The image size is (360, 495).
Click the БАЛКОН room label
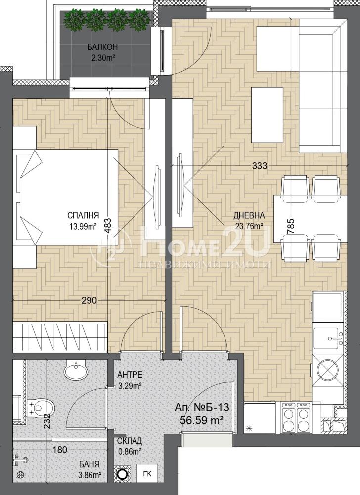(102, 48)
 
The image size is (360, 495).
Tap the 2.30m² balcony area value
(102, 58)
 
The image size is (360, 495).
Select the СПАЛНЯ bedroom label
(83, 215)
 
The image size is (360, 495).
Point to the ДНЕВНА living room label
(249, 216)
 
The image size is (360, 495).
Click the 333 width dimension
(260, 165)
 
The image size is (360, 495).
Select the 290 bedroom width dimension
(89, 300)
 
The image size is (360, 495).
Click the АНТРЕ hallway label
(130, 375)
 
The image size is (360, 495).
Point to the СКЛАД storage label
(129, 441)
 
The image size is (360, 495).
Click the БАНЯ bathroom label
(90, 464)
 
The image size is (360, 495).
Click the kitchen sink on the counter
(328, 338)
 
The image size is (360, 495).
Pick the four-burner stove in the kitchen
(296, 417)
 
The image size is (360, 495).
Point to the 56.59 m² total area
(202, 420)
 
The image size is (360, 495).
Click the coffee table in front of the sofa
(267, 116)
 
